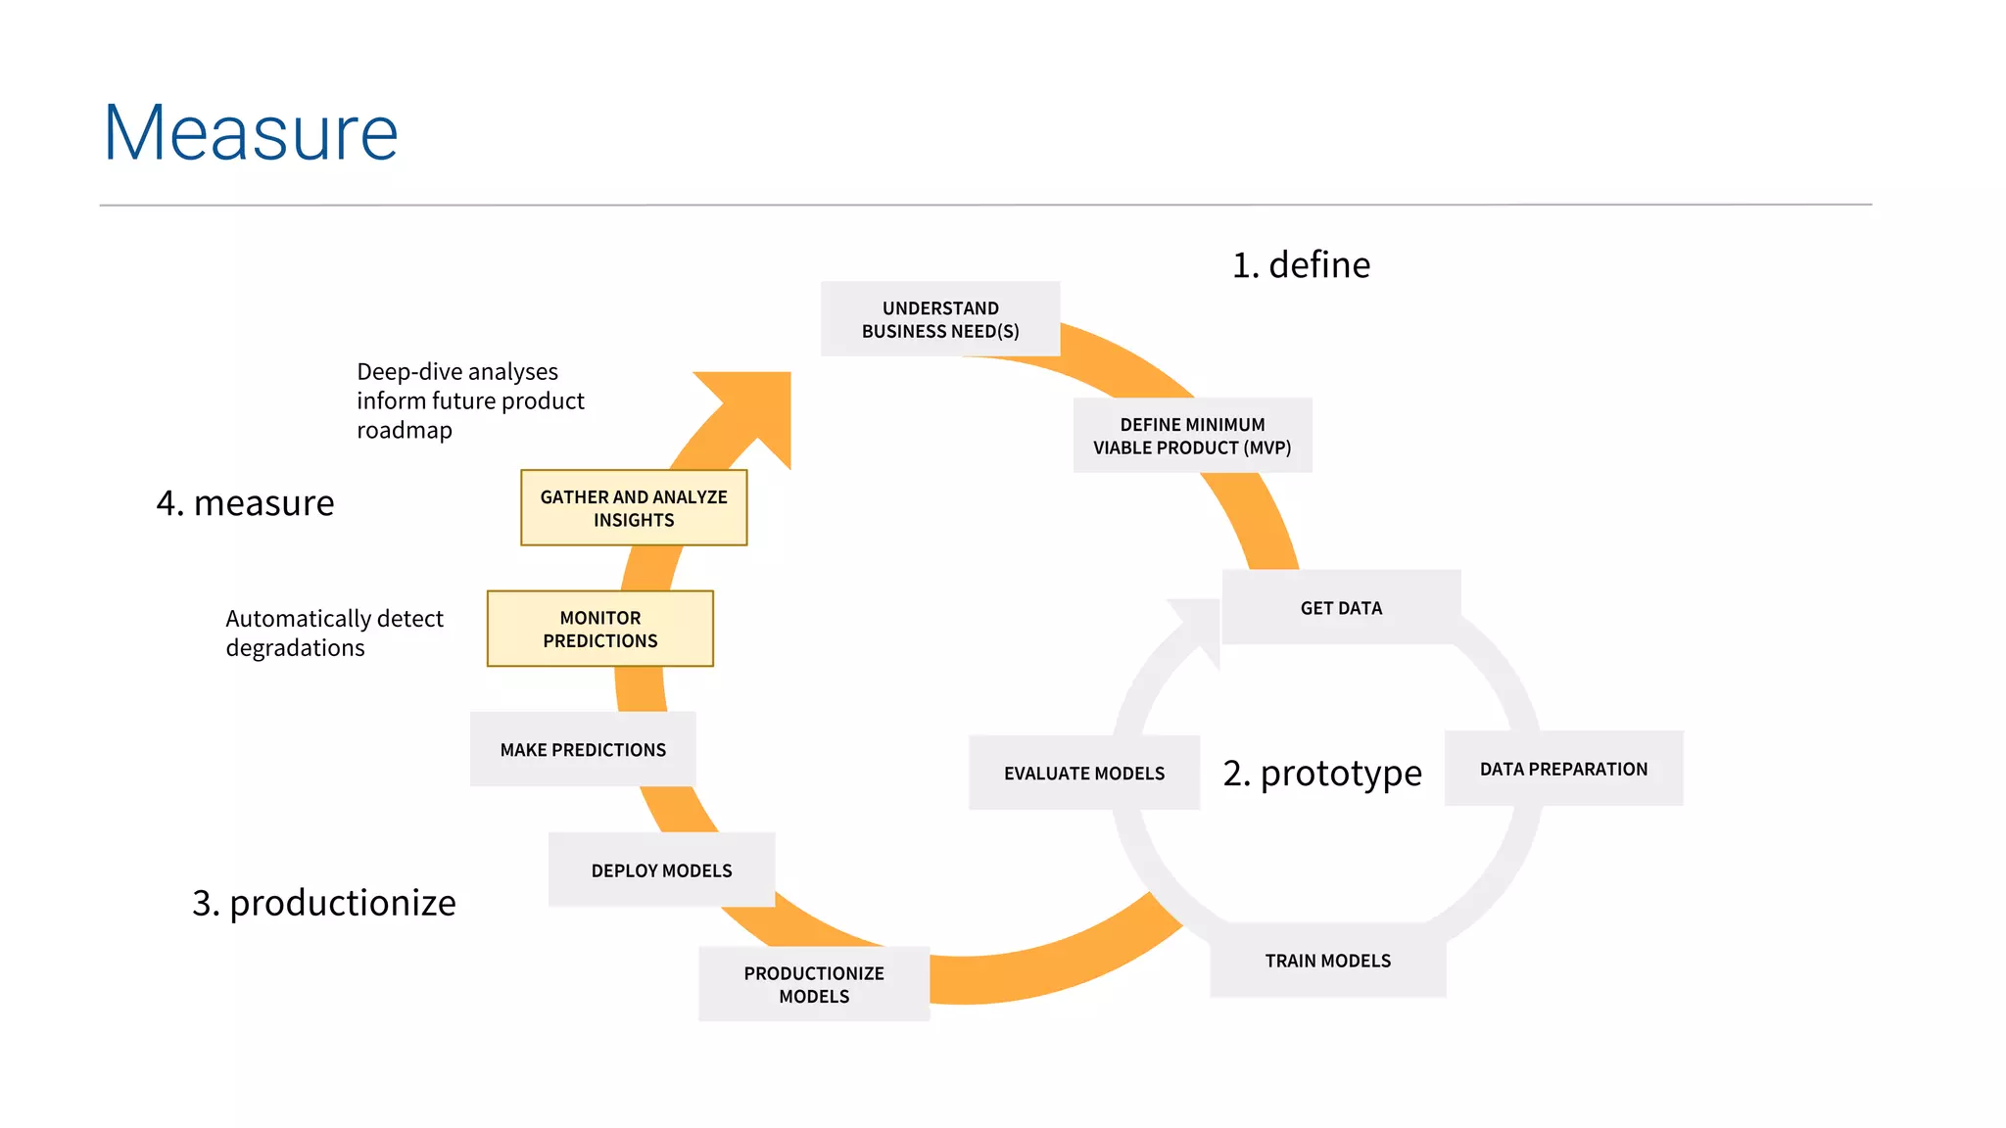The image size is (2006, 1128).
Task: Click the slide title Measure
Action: coord(251,133)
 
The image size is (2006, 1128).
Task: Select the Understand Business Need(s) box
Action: coord(940,319)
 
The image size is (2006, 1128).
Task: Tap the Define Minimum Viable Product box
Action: coord(1192,436)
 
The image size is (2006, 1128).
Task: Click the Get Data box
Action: coord(1341,607)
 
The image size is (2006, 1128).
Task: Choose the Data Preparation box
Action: coord(1563,769)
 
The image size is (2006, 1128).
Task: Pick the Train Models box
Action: coord(1327,961)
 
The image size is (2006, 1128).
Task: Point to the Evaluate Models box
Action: coord(1083,773)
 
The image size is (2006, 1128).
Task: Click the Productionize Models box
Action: coord(814,984)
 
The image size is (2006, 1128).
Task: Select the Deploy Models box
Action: coord(661,870)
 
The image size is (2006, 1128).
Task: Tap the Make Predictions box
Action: coord(583,749)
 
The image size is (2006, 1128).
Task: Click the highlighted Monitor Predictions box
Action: coord(599,629)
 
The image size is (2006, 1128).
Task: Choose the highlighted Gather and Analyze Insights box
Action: coord(634,508)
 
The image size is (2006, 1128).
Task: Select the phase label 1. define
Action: coord(1301,265)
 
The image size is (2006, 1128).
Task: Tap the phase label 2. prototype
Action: coord(1321,774)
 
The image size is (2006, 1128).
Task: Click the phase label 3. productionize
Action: coord(323,903)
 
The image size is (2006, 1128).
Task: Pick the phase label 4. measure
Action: coord(245,503)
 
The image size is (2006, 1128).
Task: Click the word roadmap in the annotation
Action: coord(405,431)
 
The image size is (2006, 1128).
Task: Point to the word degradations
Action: coord(295,648)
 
